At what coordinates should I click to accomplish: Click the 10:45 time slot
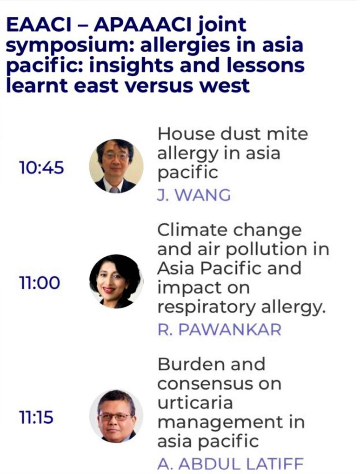pyautogui.click(x=41, y=167)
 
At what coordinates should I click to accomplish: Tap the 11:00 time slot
pyautogui.click(x=39, y=283)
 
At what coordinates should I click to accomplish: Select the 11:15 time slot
pyautogui.click(x=36, y=417)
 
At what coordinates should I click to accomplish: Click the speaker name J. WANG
pyautogui.click(x=194, y=195)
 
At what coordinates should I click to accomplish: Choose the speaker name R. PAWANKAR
pyautogui.click(x=220, y=329)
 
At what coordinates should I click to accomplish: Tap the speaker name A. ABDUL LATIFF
pyautogui.click(x=230, y=464)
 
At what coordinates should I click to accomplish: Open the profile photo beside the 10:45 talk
pyautogui.click(x=116, y=166)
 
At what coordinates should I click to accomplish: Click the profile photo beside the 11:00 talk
pyautogui.click(x=116, y=281)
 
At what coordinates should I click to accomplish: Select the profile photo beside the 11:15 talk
pyautogui.click(x=116, y=416)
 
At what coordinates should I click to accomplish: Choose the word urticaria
pyautogui.click(x=195, y=403)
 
